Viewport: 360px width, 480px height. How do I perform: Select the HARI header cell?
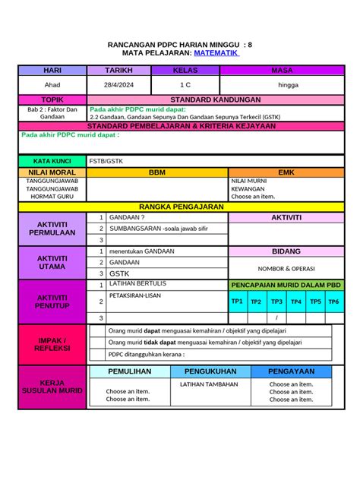(x=52, y=71)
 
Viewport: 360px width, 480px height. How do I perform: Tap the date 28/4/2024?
(x=119, y=85)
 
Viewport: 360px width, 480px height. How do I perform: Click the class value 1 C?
(x=185, y=85)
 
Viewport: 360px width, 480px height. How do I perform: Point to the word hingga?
(x=288, y=85)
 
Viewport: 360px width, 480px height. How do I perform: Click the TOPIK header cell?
(x=52, y=99)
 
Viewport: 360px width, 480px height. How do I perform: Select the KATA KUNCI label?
(x=52, y=161)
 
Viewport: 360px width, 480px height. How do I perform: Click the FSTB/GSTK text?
(x=106, y=161)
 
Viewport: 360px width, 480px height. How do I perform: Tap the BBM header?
(x=157, y=172)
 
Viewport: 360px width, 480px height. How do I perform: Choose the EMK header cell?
(x=286, y=172)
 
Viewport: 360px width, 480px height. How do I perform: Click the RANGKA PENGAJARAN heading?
(x=181, y=207)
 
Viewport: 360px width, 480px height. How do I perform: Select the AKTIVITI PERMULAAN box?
(x=52, y=229)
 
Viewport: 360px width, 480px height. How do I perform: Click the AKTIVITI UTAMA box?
(x=52, y=262)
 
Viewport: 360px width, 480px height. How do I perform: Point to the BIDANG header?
(x=286, y=251)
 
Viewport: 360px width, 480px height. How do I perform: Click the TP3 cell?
(x=276, y=302)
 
